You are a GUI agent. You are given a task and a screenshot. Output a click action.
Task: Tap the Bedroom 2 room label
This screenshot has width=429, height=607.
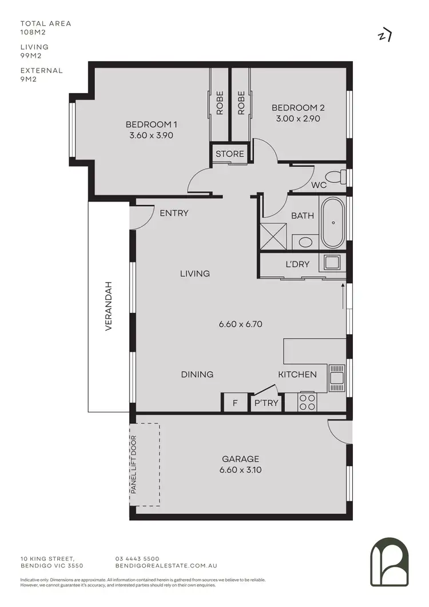click(298, 108)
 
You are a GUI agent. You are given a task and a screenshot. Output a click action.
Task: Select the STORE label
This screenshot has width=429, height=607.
click(230, 154)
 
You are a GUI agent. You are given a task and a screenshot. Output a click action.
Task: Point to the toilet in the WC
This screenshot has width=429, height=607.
click(334, 177)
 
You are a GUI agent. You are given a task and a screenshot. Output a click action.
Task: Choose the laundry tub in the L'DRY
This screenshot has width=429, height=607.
click(333, 263)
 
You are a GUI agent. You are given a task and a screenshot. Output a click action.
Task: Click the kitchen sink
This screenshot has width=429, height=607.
click(336, 377)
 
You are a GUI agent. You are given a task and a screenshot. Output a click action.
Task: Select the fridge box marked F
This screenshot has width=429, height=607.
click(235, 403)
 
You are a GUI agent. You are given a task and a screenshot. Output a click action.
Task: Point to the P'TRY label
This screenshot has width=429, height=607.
click(267, 403)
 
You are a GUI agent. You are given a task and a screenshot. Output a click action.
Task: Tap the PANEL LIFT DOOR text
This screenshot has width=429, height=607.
click(133, 465)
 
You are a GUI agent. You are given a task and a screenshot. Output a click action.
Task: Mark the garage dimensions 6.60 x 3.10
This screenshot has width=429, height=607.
click(240, 470)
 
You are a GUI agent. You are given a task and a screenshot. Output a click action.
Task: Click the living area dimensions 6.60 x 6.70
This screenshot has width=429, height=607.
click(240, 324)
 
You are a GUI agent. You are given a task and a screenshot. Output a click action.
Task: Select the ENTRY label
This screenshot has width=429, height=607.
click(174, 213)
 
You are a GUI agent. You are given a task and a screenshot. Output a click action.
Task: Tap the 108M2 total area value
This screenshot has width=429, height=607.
click(34, 33)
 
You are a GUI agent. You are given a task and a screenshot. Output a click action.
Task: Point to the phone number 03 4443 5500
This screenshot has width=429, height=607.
click(137, 558)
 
